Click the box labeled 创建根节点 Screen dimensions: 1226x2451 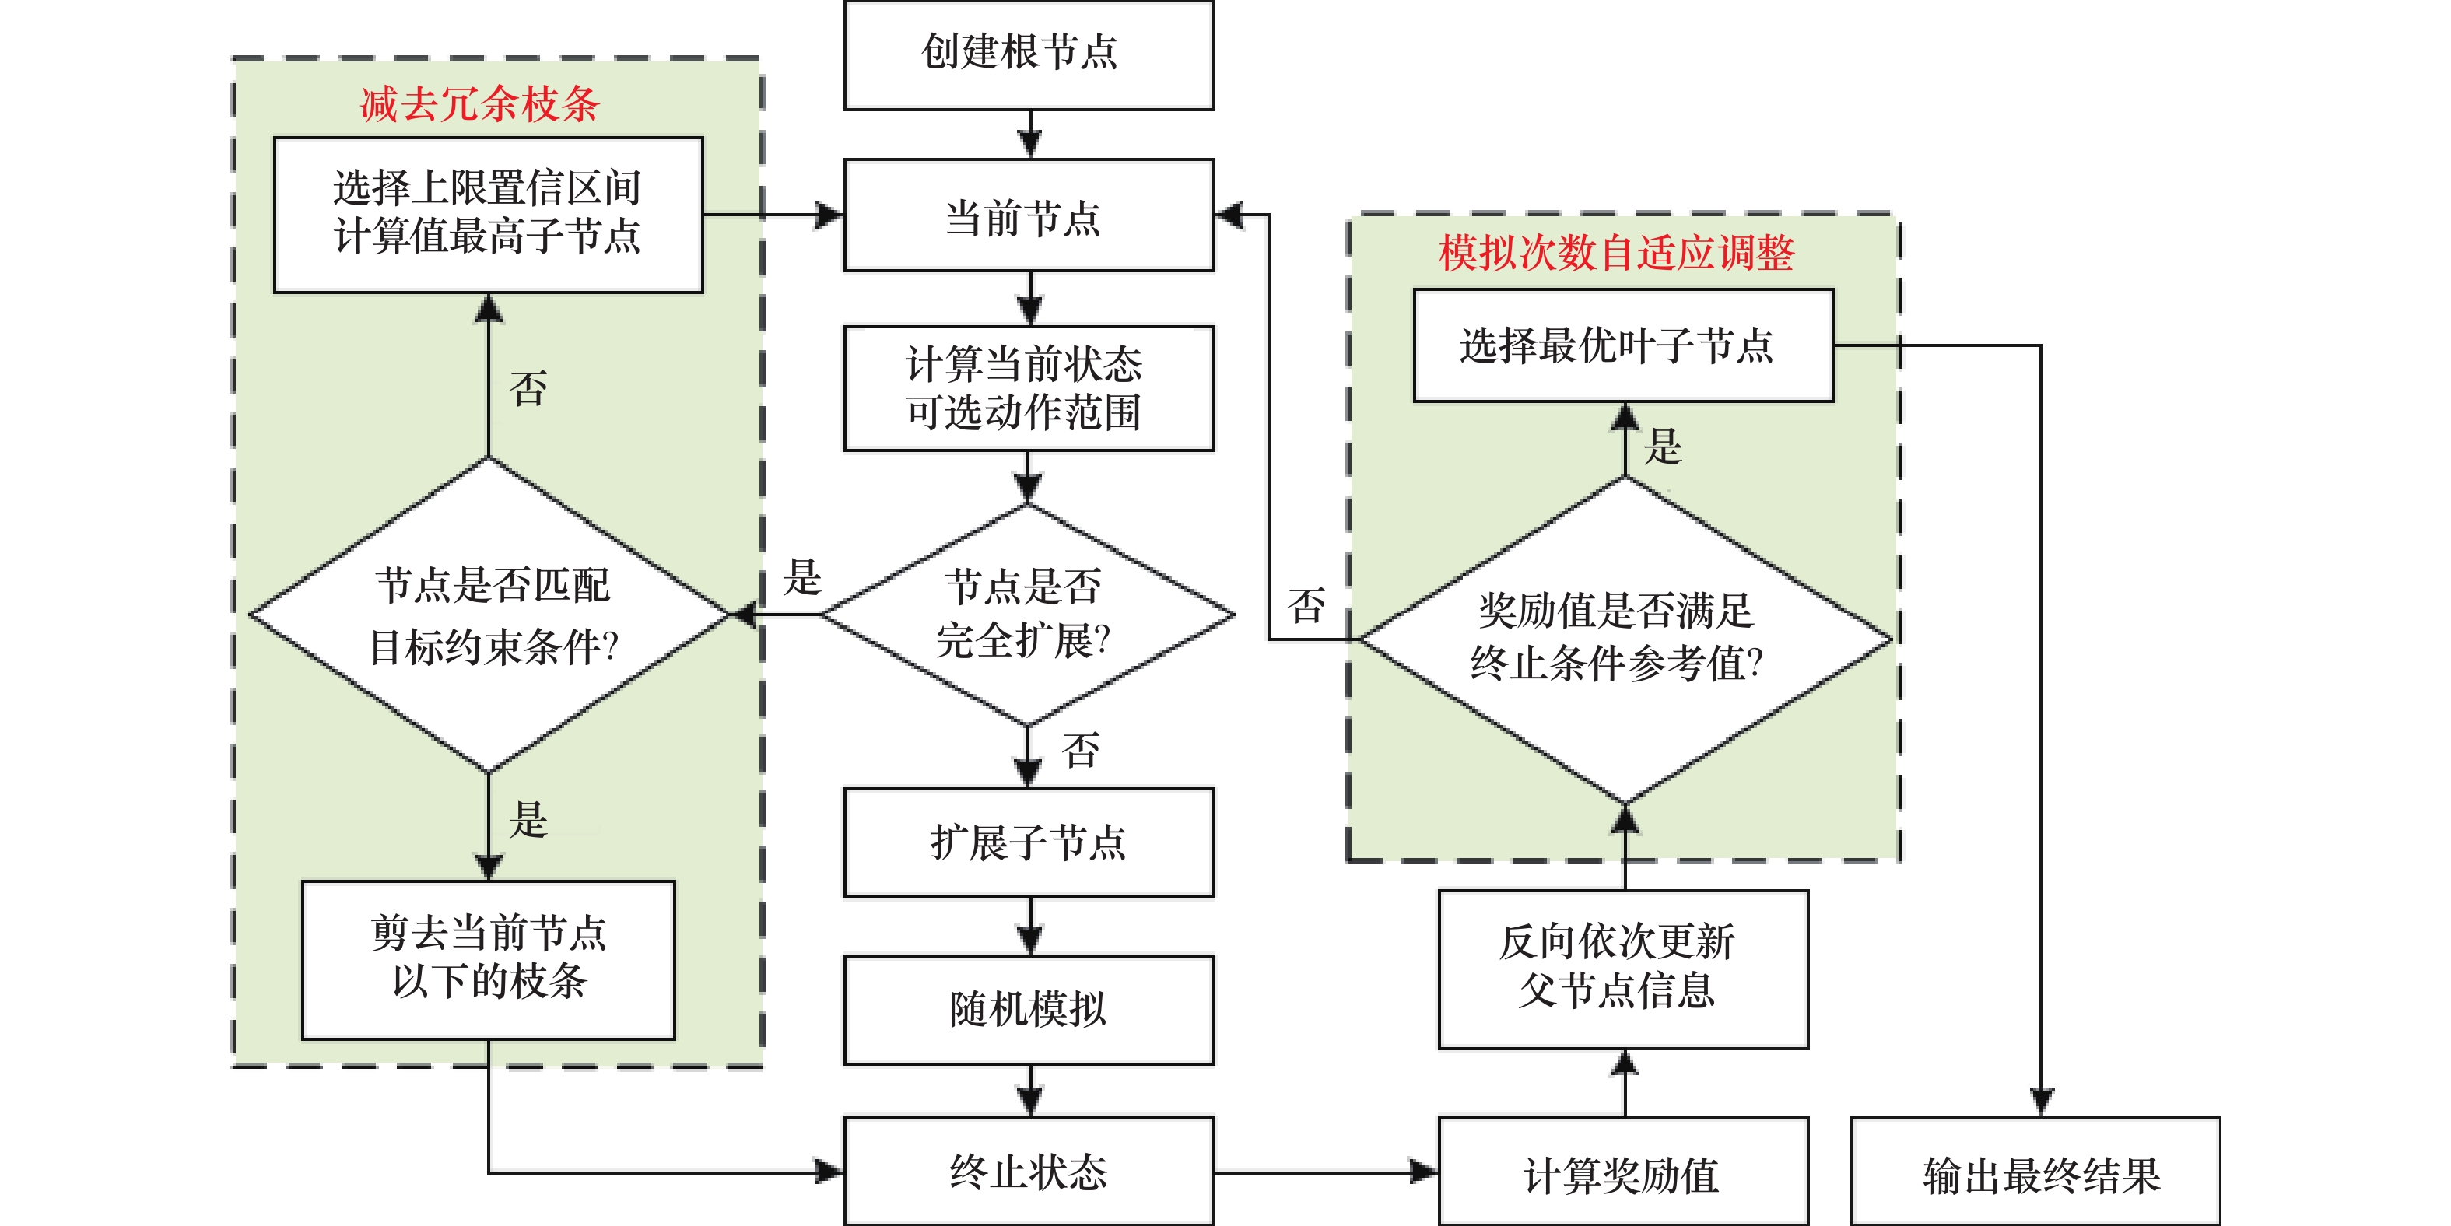point(1029,54)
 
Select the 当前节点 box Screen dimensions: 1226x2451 point(1029,216)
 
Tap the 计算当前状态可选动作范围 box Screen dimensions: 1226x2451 point(1029,388)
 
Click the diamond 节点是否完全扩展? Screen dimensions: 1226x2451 point(1026,615)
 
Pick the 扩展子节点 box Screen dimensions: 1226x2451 point(1029,842)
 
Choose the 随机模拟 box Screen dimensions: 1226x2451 point(1029,1009)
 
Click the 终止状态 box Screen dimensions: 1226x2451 point(1029,1172)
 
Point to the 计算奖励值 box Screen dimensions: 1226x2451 point(1622,1174)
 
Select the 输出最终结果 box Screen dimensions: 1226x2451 point(2035,1174)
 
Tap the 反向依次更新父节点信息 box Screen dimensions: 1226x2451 point(1622,969)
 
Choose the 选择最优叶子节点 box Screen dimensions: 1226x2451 point(1622,345)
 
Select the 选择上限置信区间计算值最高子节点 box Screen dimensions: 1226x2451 point(488,214)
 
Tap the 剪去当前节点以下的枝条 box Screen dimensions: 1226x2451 point(488,958)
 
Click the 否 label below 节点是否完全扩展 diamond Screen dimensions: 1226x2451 point(1081,751)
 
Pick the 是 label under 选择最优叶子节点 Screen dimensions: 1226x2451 point(1664,446)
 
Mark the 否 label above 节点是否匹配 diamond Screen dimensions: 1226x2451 point(528,389)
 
